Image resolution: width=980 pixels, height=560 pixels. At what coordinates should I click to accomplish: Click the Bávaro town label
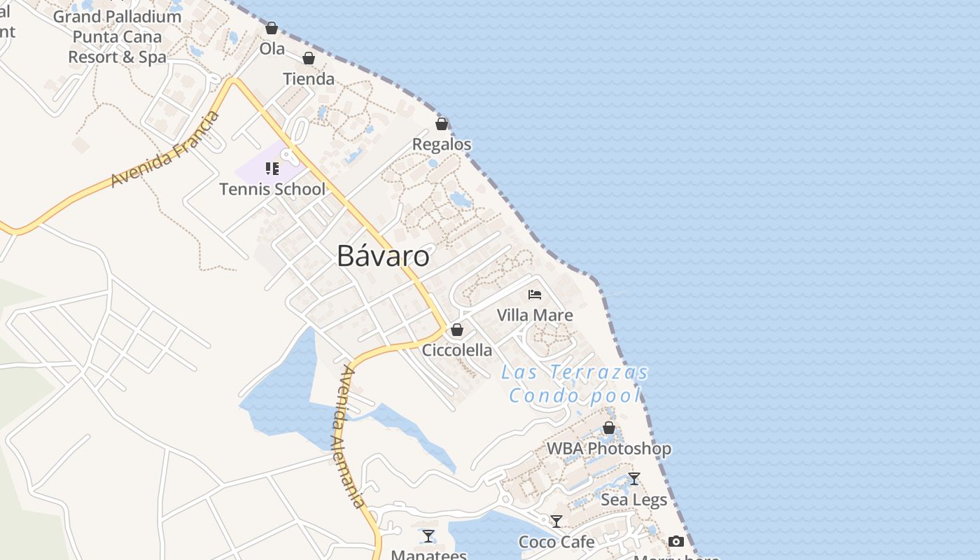click(383, 256)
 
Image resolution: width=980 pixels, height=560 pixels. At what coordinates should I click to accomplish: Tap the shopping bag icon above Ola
click(272, 28)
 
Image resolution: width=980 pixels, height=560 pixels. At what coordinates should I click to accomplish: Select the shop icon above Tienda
click(309, 58)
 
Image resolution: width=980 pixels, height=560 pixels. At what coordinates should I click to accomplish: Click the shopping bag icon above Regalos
click(442, 124)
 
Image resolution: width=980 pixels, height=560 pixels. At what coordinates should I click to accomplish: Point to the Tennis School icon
click(272, 169)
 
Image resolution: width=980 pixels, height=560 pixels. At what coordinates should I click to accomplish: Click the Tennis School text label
click(272, 189)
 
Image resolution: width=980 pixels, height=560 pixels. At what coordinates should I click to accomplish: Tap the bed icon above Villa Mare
click(535, 295)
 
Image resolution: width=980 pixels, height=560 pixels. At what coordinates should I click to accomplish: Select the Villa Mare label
click(535, 315)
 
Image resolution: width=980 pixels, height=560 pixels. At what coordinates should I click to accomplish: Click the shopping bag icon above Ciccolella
click(457, 330)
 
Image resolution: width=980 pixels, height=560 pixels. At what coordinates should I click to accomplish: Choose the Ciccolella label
click(457, 350)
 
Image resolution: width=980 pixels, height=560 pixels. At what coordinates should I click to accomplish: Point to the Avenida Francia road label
click(165, 149)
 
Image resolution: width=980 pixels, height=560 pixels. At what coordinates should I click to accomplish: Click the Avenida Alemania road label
click(351, 436)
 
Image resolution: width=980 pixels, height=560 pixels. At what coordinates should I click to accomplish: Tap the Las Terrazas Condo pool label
click(575, 384)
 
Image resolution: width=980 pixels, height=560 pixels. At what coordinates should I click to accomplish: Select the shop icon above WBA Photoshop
click(609, 428)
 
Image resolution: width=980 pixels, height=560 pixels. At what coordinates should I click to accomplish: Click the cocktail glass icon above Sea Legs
click(634, 479)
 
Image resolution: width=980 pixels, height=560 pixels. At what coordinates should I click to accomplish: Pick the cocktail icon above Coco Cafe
click(556, 521)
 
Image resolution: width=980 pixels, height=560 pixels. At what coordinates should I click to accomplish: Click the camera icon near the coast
click(676, 541)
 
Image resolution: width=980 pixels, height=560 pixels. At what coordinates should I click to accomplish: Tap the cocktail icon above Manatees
click(428, 536)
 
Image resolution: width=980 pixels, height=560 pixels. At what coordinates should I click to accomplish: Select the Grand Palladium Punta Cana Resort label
click(118, 36)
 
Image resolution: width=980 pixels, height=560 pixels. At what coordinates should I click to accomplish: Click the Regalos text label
click(442, 144)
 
